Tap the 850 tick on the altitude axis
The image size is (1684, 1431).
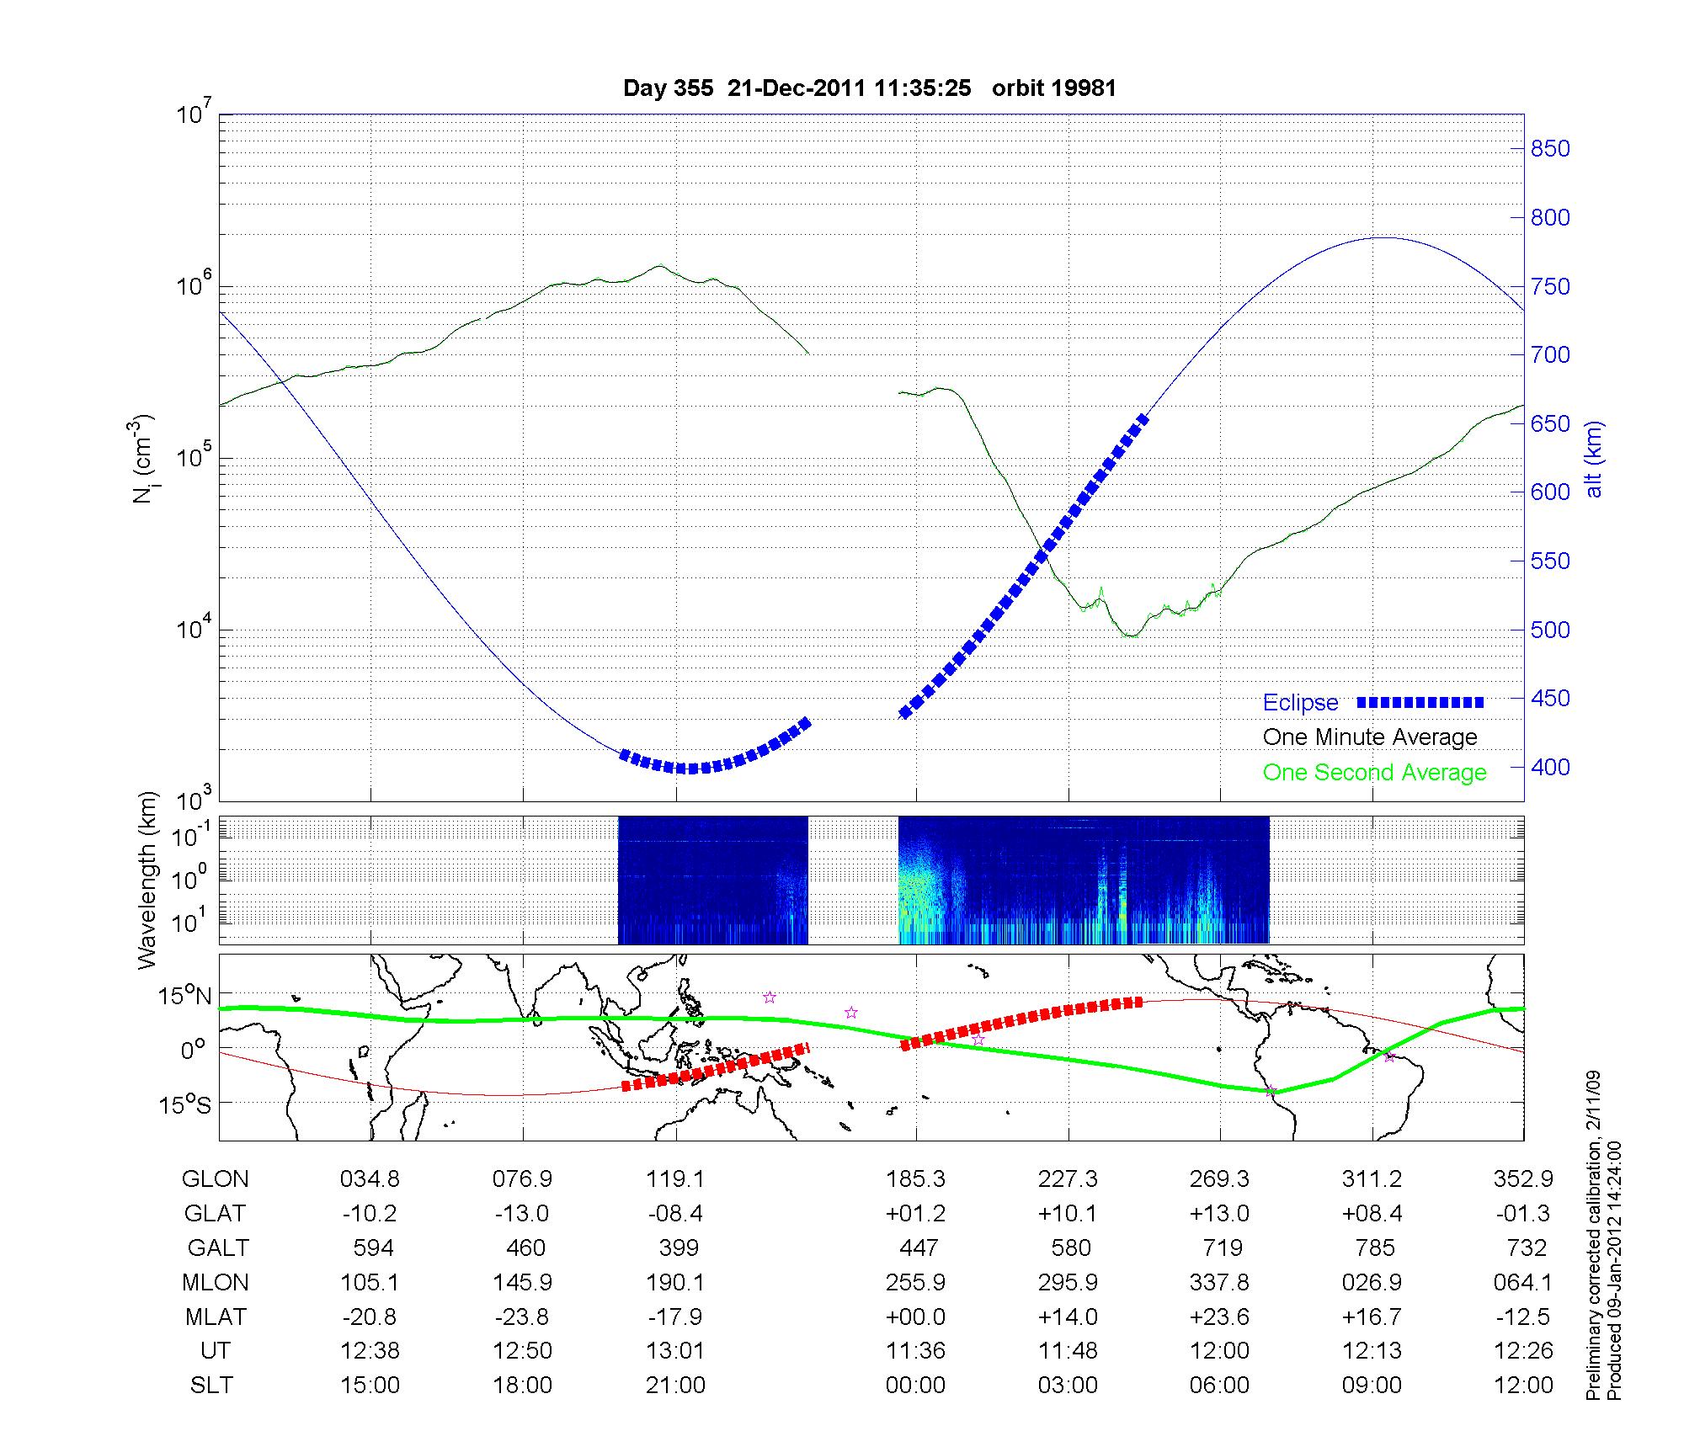[x=1549, y=149]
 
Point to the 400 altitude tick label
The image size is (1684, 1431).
[x=1549, y=767]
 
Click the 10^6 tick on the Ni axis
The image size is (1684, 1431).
[x=193, y=286]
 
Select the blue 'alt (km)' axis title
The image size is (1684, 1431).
[x=1594, y=459]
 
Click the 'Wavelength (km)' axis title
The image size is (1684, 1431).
[x=147, y=880]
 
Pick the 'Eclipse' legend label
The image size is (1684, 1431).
[x=1300, y=703]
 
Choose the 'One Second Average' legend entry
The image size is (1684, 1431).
[x=1374, y=773]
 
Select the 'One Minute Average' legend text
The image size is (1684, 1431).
[x=1370, y=737]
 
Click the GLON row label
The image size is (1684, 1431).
[x=215, y=1178]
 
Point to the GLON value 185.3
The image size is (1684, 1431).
[x=915, y=1178]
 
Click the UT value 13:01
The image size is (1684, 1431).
[x=675, y=1350]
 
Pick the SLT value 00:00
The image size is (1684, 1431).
[x=915, y=1385]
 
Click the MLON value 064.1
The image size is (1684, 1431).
[x=1523, y=1282]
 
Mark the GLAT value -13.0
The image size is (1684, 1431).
[x=523, y=1213]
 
